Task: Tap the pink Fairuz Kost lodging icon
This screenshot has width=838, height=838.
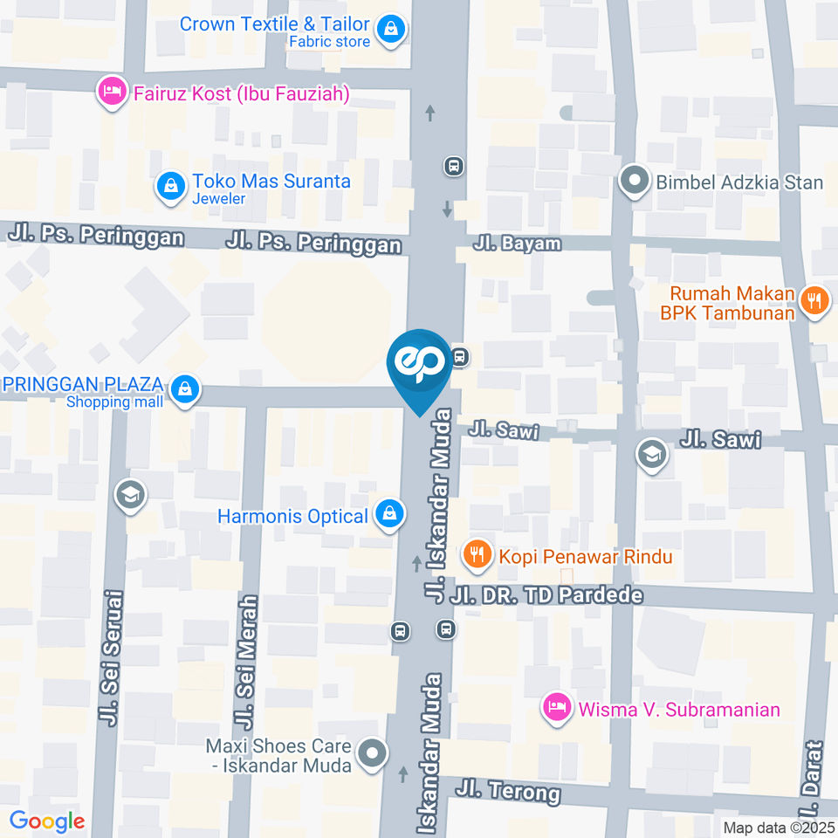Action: [111, 93]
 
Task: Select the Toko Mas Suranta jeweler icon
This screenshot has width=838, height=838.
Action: [170, 185]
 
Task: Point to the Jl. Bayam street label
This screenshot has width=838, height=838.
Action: [517, 244]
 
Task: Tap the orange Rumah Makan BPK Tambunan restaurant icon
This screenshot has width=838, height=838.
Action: [816, 302]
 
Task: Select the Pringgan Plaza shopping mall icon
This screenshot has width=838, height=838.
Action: [184, 390]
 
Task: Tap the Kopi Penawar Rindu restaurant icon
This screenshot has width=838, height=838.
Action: [477, 554]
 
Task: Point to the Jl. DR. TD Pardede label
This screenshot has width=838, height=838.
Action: [547, 596]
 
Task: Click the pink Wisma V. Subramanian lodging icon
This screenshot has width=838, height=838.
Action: [556, 708]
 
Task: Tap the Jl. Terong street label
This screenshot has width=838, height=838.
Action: [507, 792]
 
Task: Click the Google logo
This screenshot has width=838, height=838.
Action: [46, 821]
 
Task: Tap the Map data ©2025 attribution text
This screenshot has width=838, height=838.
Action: [777, 827]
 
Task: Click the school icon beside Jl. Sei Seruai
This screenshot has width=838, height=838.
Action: [130, 495]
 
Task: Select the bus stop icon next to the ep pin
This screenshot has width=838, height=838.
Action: [460, 357]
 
